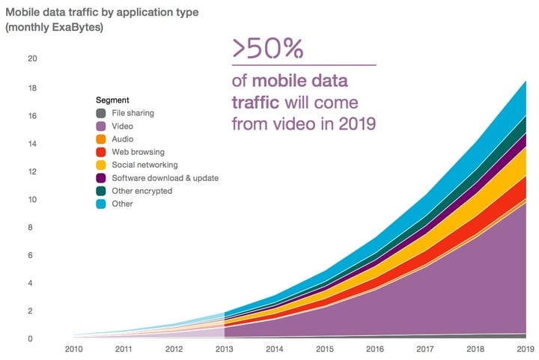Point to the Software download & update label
[x=165, y=178]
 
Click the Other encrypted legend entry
[x=142, y=191]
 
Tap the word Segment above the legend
[x=113, y=100]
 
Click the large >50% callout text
[x=267, y=49]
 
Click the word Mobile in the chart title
[x=23, y=12]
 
